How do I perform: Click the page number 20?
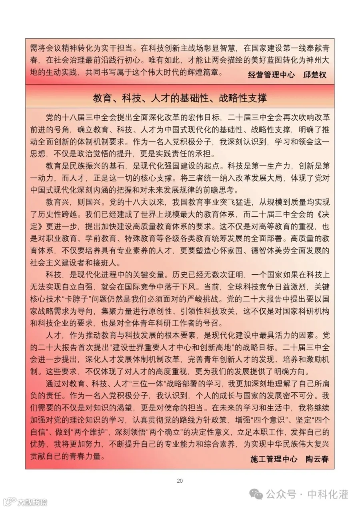[x=180, y=481]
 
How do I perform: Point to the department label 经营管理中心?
[x=271, y=74]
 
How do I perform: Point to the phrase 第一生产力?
[x=277, y=165]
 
